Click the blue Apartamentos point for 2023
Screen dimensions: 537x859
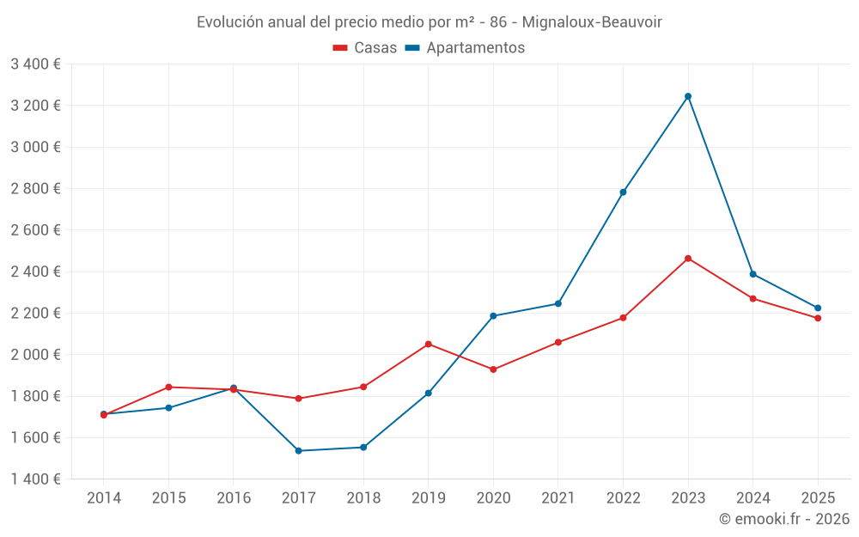point(688,96)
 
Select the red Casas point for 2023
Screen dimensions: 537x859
point(688,259)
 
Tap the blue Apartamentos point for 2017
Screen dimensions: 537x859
point(298,451)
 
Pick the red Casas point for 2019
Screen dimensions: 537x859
point(429,345)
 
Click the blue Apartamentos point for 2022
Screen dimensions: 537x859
point(623,192)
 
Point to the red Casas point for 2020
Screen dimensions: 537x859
point(493,369)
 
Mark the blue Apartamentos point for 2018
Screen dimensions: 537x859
point(363,448)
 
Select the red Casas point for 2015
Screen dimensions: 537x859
point(168,387)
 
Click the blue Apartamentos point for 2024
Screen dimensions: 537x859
point(753,274)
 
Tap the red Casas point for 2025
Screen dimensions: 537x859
point(818,318)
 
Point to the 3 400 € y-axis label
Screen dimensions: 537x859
point(35,64)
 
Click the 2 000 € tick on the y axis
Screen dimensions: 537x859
point(35,355)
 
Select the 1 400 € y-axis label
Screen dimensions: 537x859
point(35,479)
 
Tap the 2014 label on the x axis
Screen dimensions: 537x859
point(104,498)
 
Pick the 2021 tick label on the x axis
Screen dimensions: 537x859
point(558,498)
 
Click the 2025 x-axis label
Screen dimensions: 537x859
point(818,498)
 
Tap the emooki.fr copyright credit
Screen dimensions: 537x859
point(784,519)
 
